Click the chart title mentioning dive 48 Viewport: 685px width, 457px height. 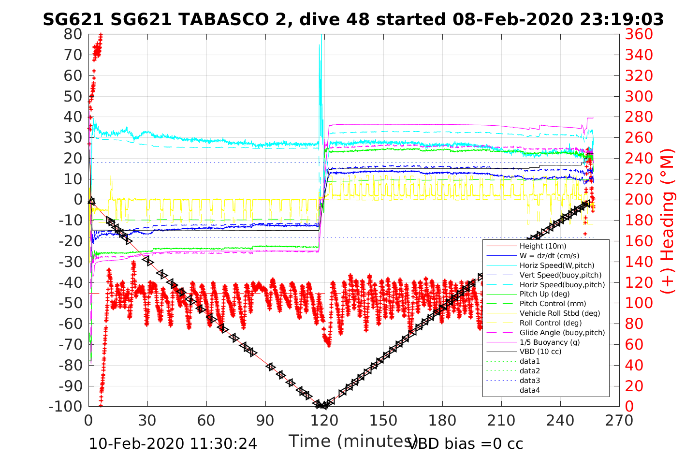(353, 19)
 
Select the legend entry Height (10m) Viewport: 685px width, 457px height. (542, 246)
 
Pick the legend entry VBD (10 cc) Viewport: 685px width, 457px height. (540, 352)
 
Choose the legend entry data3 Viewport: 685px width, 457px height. (529, 381)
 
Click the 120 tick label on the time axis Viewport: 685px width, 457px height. (324, 420)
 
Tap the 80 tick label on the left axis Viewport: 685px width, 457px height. (73, 34)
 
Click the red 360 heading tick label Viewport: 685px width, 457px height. (639, 34)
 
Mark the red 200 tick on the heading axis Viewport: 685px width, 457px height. (639, 200)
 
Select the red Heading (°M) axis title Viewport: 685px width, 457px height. (668, 221)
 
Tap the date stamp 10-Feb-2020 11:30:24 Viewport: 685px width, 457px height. (173, 443)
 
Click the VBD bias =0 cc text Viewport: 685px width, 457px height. (466, 443)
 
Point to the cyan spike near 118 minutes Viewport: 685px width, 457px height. (320, 48)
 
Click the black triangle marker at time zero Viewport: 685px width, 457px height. (91, 201)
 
